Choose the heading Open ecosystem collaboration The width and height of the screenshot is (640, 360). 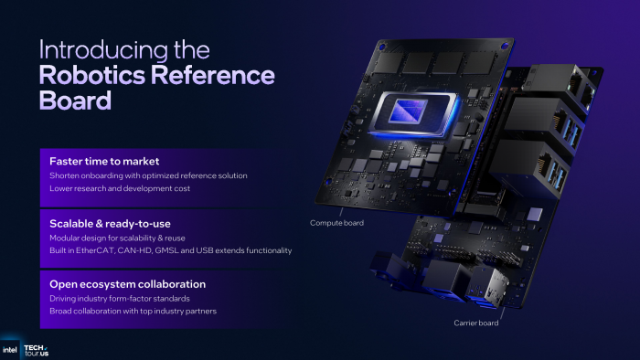pyautogui.click(x=127, y=284)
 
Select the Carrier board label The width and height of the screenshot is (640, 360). pyautogui.click(x=477, y=323)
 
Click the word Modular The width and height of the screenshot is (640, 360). pyautogui.click(x=67, y=237)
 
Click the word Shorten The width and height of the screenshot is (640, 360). pyautogui.click(x=67, y=175)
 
